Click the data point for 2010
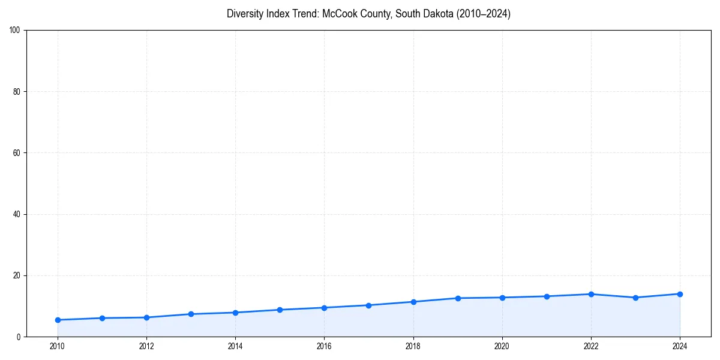[58, 320]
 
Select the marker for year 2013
[191, 314]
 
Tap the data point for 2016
[324, 308]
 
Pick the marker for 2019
[458, 298]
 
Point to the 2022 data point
[591, 294]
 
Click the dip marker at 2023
[635, 298]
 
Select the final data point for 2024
[680, 294]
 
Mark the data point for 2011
[102, 318]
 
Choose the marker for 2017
[368, 305]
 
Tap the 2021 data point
[547, 296]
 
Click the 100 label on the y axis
[15, 30]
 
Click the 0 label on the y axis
[19, 337]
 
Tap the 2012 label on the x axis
[146, 346]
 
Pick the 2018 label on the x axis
[413, 346]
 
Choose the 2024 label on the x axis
[680, 346]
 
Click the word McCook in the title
[339, 14]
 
